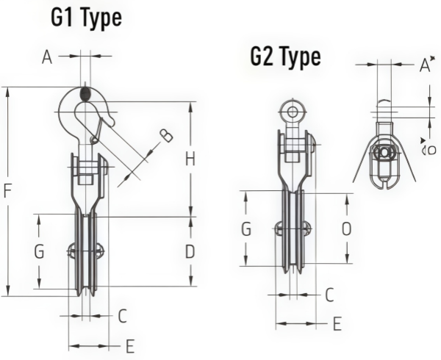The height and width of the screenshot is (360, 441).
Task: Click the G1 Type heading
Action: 86,18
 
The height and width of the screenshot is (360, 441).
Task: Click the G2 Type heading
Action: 285,57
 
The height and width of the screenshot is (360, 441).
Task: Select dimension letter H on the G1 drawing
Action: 190,158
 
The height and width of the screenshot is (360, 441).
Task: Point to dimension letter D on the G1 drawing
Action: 190,251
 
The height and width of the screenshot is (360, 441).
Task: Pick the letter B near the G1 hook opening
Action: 166,134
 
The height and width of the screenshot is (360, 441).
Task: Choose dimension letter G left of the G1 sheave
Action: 40,251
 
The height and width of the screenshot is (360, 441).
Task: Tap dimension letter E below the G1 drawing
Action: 130,346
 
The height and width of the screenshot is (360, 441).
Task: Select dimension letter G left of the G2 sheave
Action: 247,229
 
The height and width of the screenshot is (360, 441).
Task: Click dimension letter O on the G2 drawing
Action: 346,229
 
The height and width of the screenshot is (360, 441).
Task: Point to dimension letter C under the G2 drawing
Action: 330,295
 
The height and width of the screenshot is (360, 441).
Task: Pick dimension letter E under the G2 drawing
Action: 337,323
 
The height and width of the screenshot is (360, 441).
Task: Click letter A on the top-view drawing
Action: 424,66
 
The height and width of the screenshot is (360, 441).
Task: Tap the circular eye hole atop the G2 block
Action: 293,112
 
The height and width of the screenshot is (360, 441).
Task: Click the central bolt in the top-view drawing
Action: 383,153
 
